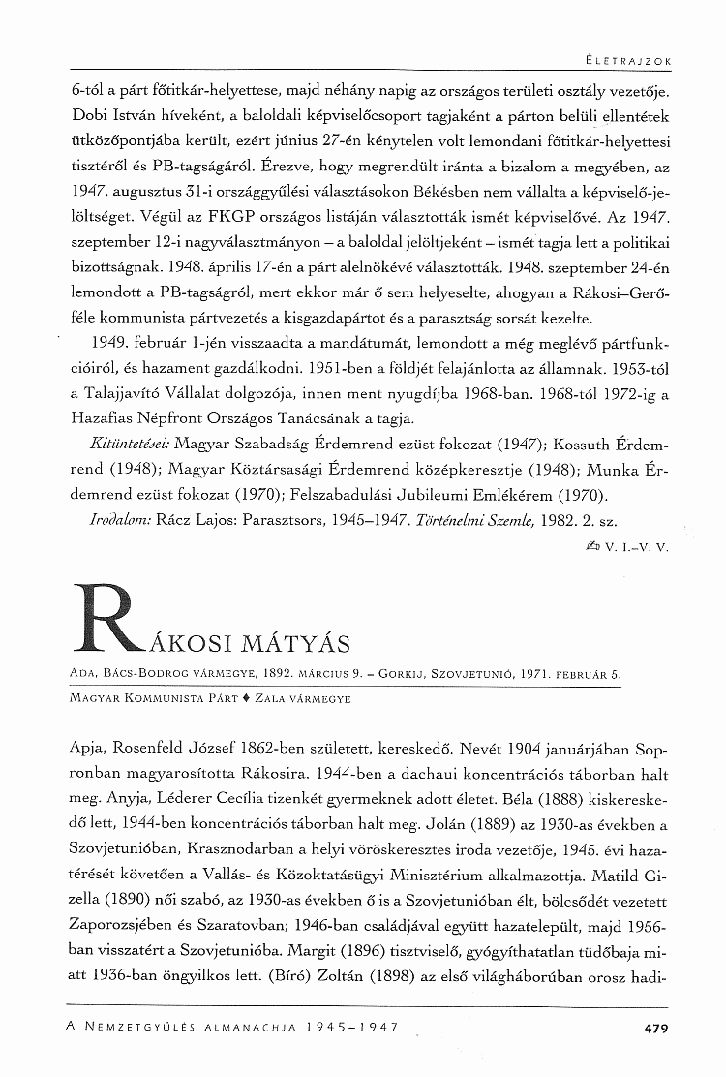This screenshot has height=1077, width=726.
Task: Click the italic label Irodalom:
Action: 123,520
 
